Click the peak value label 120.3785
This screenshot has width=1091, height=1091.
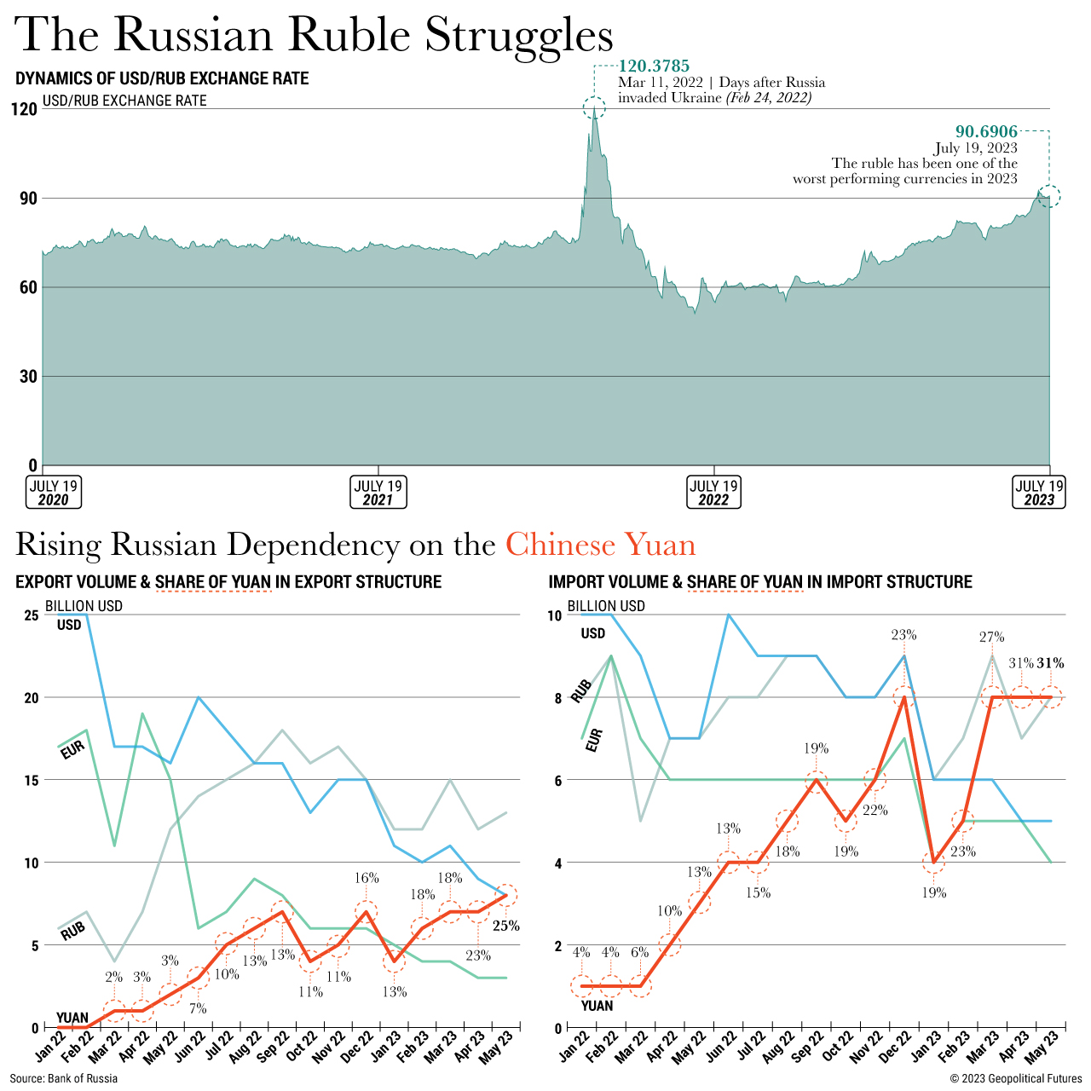(x=654, y=66)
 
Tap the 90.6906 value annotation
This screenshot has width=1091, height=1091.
(x=986, y=131)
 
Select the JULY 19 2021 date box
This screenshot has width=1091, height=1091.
(x=378, y=492)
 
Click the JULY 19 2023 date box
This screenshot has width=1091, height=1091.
(x=1039, y=492)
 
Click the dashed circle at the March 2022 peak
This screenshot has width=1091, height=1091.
(x=594, y=107)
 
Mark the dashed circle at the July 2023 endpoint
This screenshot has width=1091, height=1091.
(x=1049, y=196)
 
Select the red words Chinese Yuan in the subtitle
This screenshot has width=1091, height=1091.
(x=600, y=544)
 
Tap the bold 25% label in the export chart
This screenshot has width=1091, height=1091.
(x=506, y=926)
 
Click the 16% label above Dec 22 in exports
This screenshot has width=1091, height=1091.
(x=367, y=877)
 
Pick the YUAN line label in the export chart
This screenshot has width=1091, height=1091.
(x=72, y=1018)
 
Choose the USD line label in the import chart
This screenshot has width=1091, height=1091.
(x=593, y=633)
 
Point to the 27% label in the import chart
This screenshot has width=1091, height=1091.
(x=991, y=637)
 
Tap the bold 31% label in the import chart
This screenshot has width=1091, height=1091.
(x=1050, y=663)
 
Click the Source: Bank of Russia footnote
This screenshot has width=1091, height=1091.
(x=64, y=1078)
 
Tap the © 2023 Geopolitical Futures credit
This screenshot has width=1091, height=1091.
(x=1016, y=1078)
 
